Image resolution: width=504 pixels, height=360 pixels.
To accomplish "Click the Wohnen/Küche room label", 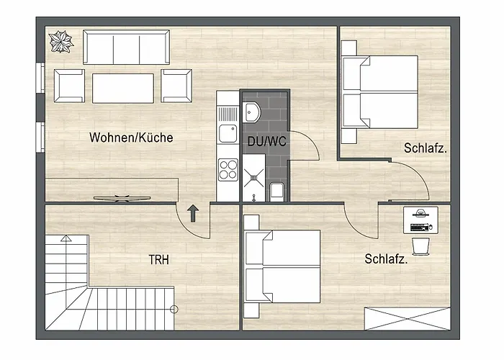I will [x=131, y=138].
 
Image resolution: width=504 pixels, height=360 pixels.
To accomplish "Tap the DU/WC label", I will [x=267, y=142].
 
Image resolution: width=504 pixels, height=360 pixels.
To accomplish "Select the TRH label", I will [x=158, y=260].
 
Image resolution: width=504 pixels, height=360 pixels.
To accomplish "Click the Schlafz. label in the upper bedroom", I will [x=426, y=149].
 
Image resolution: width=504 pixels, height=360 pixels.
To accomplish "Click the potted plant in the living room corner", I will [x=62, y=41].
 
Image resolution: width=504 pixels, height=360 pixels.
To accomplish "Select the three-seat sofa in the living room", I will [x=126, y=48].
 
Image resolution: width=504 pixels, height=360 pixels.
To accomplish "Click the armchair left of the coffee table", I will [x=70, y=85].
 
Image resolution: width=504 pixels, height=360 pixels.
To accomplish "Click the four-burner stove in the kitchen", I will [x=228, y=171].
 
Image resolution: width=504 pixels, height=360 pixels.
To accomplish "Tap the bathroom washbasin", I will [x=253, y=112].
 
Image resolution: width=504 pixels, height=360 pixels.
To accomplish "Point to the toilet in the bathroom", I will [x=276, y=191].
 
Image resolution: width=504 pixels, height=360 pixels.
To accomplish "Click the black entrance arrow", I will [x=194, y=212].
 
